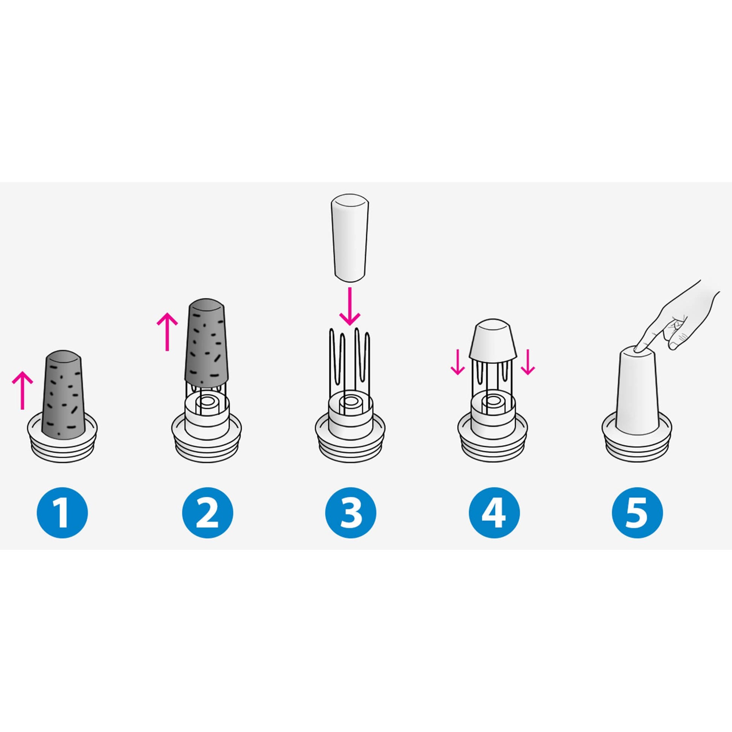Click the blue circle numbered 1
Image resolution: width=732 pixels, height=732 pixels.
[x=62, y=513]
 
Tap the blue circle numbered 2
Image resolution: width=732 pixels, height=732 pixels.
[x=208, y=513]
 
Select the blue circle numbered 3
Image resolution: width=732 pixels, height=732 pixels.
[x=351, y=513]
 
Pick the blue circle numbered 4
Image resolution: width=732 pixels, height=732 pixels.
[x=494, y=513]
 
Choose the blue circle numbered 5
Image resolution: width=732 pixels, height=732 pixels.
[x=638, y=513]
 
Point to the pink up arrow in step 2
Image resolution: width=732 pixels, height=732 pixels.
[x=167, y=332]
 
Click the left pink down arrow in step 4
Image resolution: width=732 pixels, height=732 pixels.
[x=458, y=361]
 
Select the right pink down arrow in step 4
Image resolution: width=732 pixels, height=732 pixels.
[x=527, y=361]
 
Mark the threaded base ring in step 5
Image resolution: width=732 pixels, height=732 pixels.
[x=638, y=441]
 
